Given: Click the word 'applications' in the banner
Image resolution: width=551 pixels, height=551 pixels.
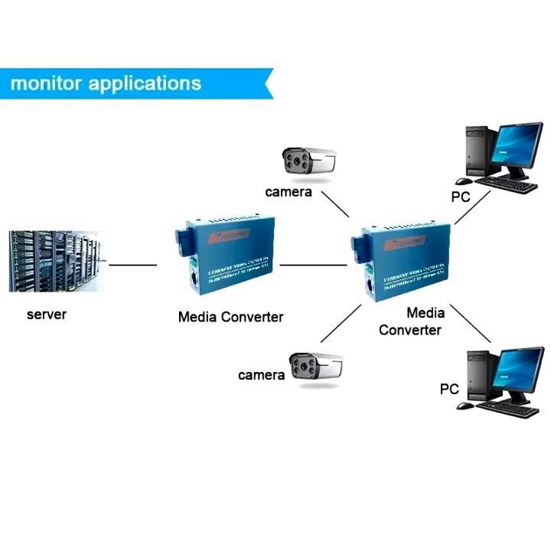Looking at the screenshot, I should [x=145, y=83].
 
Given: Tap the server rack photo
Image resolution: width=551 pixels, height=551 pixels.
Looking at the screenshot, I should [x=56, y=261].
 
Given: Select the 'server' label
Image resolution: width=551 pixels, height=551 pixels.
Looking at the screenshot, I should [x=46, y=315].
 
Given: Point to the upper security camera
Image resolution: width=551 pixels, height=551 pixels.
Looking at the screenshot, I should [x=309, y=161].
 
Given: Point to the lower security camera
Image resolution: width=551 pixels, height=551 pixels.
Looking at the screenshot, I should [x=315, y=367].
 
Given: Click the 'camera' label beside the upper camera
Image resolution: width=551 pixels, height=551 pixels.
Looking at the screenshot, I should [x=289, y=191].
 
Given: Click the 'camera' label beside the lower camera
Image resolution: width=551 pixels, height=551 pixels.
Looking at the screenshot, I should [x=261, y=375].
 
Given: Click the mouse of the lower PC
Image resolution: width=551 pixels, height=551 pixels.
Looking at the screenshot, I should [x=465, y=406].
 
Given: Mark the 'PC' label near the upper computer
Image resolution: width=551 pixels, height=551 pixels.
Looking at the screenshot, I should [x=460, y=197].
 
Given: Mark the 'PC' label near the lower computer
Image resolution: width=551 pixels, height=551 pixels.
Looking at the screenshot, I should [x=449, y=389].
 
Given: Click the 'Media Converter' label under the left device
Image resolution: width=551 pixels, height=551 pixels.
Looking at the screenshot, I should [x=230, y=317].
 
